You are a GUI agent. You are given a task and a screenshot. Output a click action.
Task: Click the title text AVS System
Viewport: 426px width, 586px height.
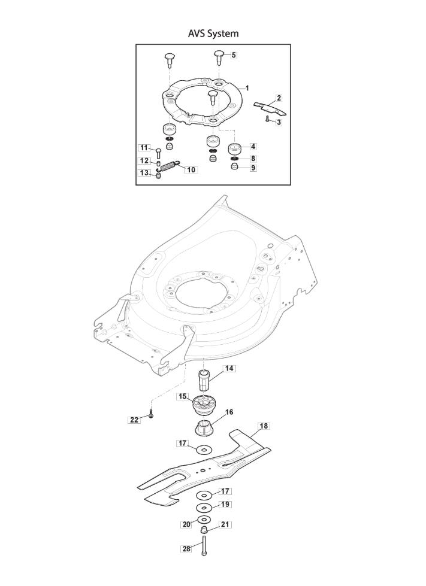(213, 34)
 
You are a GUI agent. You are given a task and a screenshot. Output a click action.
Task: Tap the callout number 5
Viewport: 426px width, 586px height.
(234, 55)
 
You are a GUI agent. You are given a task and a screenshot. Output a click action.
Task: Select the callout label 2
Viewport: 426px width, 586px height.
(279, 98)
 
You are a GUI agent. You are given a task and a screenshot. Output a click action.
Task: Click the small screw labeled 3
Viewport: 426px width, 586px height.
(267, 119)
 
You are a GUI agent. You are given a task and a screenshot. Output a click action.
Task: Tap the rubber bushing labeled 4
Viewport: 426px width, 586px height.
(234, 149)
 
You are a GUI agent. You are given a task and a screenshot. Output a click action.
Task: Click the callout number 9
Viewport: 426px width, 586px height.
(253, 168)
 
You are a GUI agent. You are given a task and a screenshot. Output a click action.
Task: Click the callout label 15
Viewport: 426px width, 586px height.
(183, 396)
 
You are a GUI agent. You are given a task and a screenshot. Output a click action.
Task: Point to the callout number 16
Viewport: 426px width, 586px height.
(229, 412)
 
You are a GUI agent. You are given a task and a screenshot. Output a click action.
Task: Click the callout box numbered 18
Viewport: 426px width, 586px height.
(264, 426)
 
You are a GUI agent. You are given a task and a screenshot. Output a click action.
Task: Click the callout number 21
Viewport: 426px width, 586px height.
(225, 525)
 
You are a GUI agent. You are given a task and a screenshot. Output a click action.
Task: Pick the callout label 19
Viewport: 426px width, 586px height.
(225, 505)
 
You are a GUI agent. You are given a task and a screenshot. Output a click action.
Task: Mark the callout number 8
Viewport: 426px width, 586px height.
(253, 159)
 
